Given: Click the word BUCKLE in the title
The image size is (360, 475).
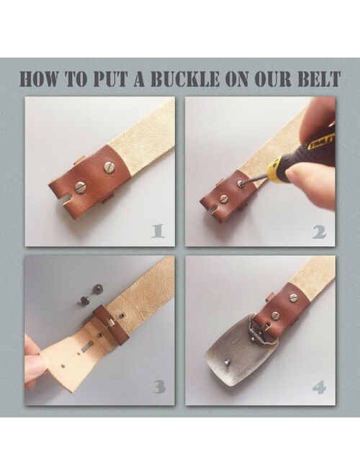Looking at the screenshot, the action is point(184,79).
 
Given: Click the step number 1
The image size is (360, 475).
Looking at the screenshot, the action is point(158,231).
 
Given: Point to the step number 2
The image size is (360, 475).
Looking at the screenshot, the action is point(319,232).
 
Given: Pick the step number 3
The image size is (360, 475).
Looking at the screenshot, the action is point(159,387).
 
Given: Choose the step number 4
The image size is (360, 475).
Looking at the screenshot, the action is point(320,387).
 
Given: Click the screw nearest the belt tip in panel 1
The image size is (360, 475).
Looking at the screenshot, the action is point(81,188).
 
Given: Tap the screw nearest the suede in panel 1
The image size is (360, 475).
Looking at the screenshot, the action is point(109,167).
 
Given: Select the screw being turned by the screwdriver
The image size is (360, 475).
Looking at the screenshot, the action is point(241,184).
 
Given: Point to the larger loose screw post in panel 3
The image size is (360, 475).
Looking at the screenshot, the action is point(99,288).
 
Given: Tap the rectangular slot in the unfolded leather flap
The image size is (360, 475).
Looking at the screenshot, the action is point(87,346).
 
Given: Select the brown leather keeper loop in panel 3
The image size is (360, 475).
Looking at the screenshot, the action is point(111,325).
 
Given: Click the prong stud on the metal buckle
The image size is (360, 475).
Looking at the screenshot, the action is point(227,361).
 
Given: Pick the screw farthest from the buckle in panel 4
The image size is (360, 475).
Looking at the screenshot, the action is point(293,298).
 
